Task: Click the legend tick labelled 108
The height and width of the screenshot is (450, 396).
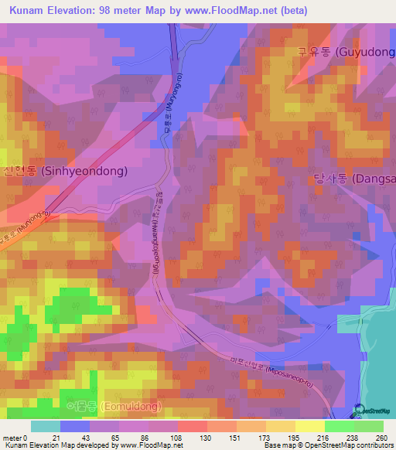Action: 177,438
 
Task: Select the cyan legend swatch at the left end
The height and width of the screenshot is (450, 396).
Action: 46,426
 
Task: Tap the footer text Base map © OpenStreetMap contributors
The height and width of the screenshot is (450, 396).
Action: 327,445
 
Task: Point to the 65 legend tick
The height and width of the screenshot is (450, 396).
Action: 118,438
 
